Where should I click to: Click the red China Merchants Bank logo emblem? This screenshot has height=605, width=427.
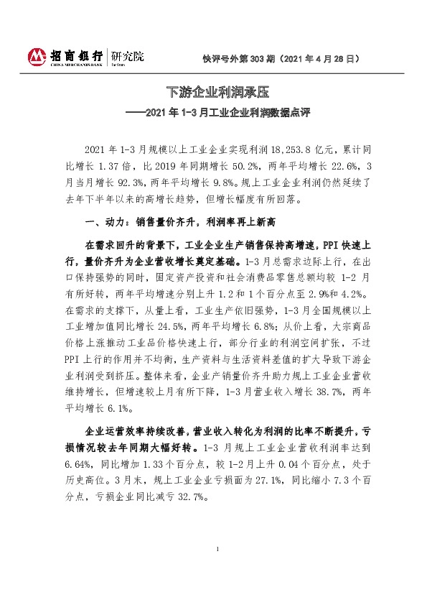(x=37, y=56)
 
